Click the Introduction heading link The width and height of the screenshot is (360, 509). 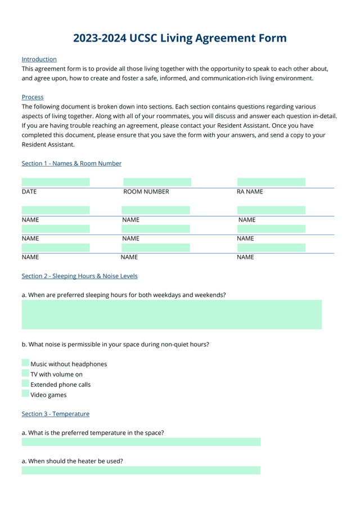pos(39,59)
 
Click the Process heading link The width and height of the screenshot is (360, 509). pos(33,97)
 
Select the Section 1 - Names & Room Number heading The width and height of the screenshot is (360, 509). pos(71,164)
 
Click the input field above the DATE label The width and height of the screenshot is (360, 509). pos(56,182)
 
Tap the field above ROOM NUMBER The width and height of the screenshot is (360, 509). pos(157,182)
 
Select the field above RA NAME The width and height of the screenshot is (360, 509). pos(271,182)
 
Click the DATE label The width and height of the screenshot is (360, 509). pos(29,192)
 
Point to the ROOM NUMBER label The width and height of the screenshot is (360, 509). pos(146,192)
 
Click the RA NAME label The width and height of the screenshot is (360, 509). pos(250,192)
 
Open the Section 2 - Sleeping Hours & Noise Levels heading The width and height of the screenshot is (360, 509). pos(79,276)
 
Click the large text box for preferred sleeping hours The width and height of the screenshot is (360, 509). pos(172,314)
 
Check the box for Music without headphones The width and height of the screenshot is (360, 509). pos(25,363)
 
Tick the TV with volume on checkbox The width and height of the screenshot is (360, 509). pos(25,373)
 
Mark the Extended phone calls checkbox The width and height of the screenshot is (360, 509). pos(25,384)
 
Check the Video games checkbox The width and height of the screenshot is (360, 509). pos(25,394)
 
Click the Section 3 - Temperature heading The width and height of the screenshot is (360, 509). pos(55,414)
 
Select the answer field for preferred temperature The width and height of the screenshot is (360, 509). pos(141,442)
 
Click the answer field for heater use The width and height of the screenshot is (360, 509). pos(141,470)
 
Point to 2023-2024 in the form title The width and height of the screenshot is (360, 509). pos(100,38)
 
